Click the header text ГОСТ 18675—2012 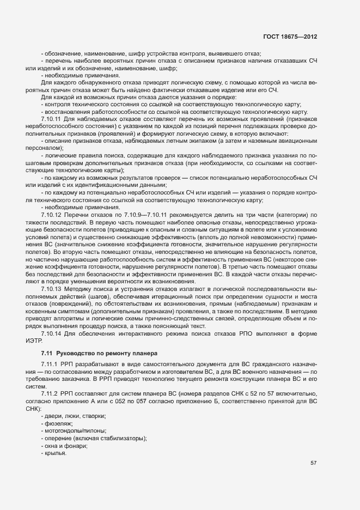pyautogui.click(x=290, y=37)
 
